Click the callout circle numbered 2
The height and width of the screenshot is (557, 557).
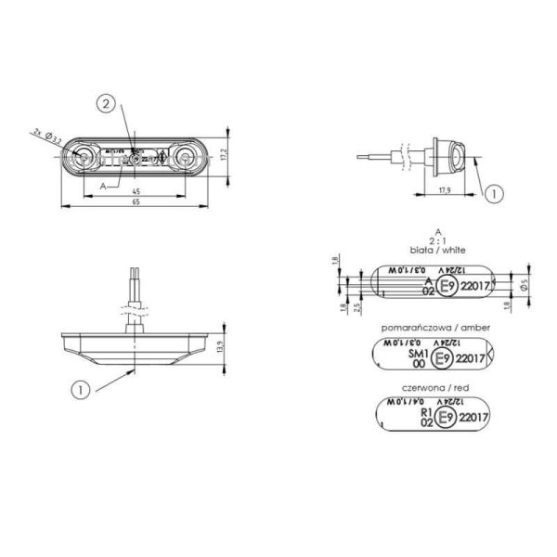pos(109,105)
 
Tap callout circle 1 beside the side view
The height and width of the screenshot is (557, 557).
pos(494,194)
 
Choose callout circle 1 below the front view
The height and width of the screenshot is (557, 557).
pos(81,391)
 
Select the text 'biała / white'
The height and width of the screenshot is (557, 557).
pos(436,251)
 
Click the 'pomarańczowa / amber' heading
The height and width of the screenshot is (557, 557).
pos(436,328)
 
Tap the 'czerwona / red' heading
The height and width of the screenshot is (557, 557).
pos(436,389)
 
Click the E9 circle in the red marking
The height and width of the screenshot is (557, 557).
pos(448,419)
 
